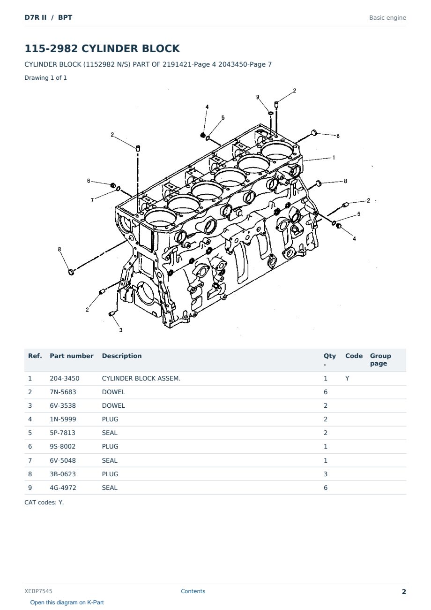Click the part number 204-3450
(x=65, y=378)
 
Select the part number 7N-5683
(x=63, y=392)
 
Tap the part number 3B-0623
(x=63, y=474)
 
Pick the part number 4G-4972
(x=63, y=488)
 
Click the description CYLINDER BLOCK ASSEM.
(x=141, y=378)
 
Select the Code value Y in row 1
(x=347, y=378)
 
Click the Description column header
(x=121, y=356)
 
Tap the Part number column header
(x=72, y=356)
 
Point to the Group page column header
(x=380, y=359)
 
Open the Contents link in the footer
(x=193, y=591)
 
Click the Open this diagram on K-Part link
(x=67, y=602)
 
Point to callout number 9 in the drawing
(x=258, y=97)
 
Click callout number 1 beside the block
(x=334, y=157)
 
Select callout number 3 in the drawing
(x=121, y=330)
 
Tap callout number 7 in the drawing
(x=92, y=200)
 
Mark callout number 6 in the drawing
(x=89, y=181)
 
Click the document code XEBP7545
(x=38, y=591)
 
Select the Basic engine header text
(x=387, y=18)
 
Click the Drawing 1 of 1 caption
(x=46, y=77)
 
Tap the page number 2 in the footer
(x=404, y=592)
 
